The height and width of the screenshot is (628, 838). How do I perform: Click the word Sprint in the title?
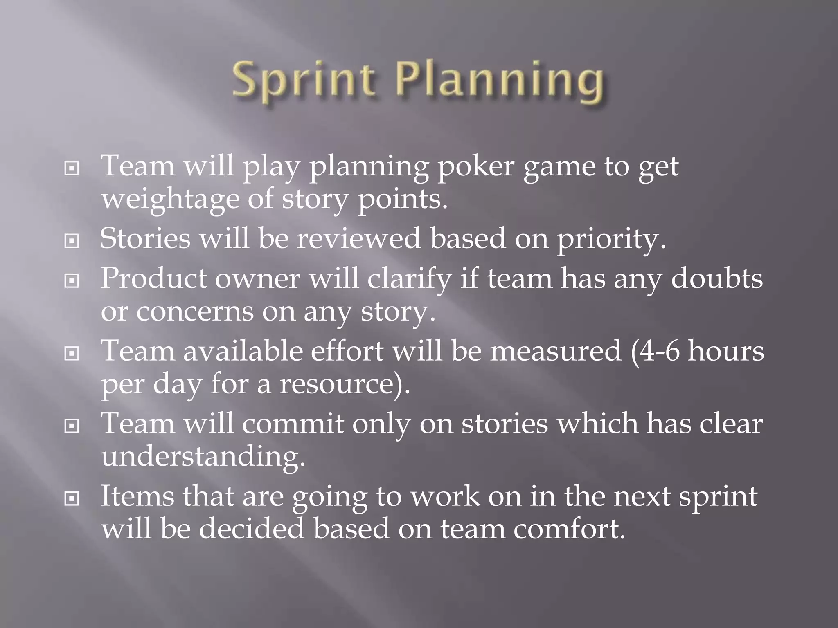pyautogui.click(x=303, y=81)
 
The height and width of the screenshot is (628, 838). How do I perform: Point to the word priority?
pyautogui.click(x=611, y=239)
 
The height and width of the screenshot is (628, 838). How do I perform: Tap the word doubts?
pyautogui.click(x=717, y=278)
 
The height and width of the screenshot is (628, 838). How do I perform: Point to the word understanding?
pyautogui.click(x=203, y=457)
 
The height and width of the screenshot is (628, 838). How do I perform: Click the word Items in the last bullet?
pyautogui.click(x=137, y=496)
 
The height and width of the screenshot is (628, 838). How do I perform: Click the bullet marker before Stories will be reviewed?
pyautogui.click(x=72, y=241)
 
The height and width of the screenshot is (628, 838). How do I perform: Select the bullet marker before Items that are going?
pyautogui.click(x=72, y=498)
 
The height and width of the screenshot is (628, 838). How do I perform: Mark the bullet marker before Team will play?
pyautogui.click(x=72, y=168)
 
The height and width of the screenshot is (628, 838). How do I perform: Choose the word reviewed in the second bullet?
pyautogui.click(x=358, y=239)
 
